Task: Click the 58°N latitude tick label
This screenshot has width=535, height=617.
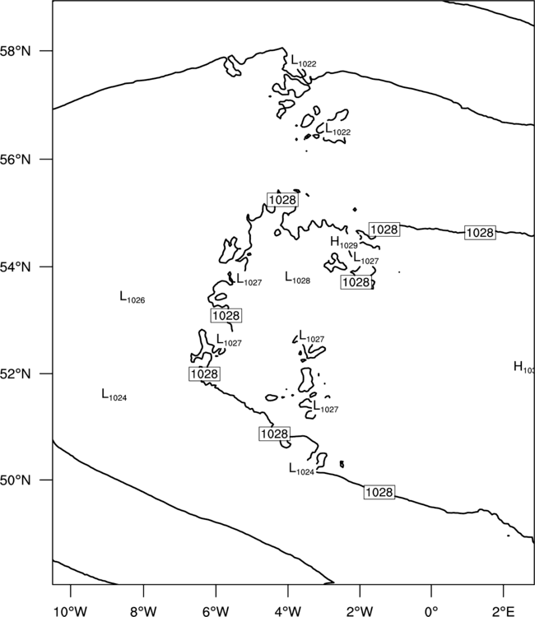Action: point(16,51)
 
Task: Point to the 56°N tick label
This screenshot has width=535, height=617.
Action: point(16,160)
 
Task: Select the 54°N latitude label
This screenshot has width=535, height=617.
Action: point(16,267)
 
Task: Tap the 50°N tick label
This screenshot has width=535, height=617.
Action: point(16,480)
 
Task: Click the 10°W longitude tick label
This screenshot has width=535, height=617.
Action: point(71,611)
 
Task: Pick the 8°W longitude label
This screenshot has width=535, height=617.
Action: point(143,611)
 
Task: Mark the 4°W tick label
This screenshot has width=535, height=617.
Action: point(288,611)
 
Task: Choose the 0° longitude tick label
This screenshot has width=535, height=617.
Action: point(431,611)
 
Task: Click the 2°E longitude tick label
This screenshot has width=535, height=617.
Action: point(504,611)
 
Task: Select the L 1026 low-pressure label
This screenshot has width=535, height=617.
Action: point(133,298)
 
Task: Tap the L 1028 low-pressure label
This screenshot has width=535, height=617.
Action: point(298,278)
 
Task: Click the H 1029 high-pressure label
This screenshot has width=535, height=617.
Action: point(344,243)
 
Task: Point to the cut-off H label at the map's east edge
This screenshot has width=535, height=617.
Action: point(524,367)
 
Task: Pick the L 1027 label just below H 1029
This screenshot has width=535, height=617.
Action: point(366,258)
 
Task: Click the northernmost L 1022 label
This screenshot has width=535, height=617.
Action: point(304,61)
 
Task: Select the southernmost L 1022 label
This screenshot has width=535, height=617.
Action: point(337,129)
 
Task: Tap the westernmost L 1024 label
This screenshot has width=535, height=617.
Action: point(114,395)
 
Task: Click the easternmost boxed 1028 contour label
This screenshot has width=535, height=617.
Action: point(480,233)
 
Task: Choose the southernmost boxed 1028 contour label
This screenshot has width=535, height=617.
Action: point(379,492)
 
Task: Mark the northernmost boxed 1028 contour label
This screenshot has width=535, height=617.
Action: point(282,200)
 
